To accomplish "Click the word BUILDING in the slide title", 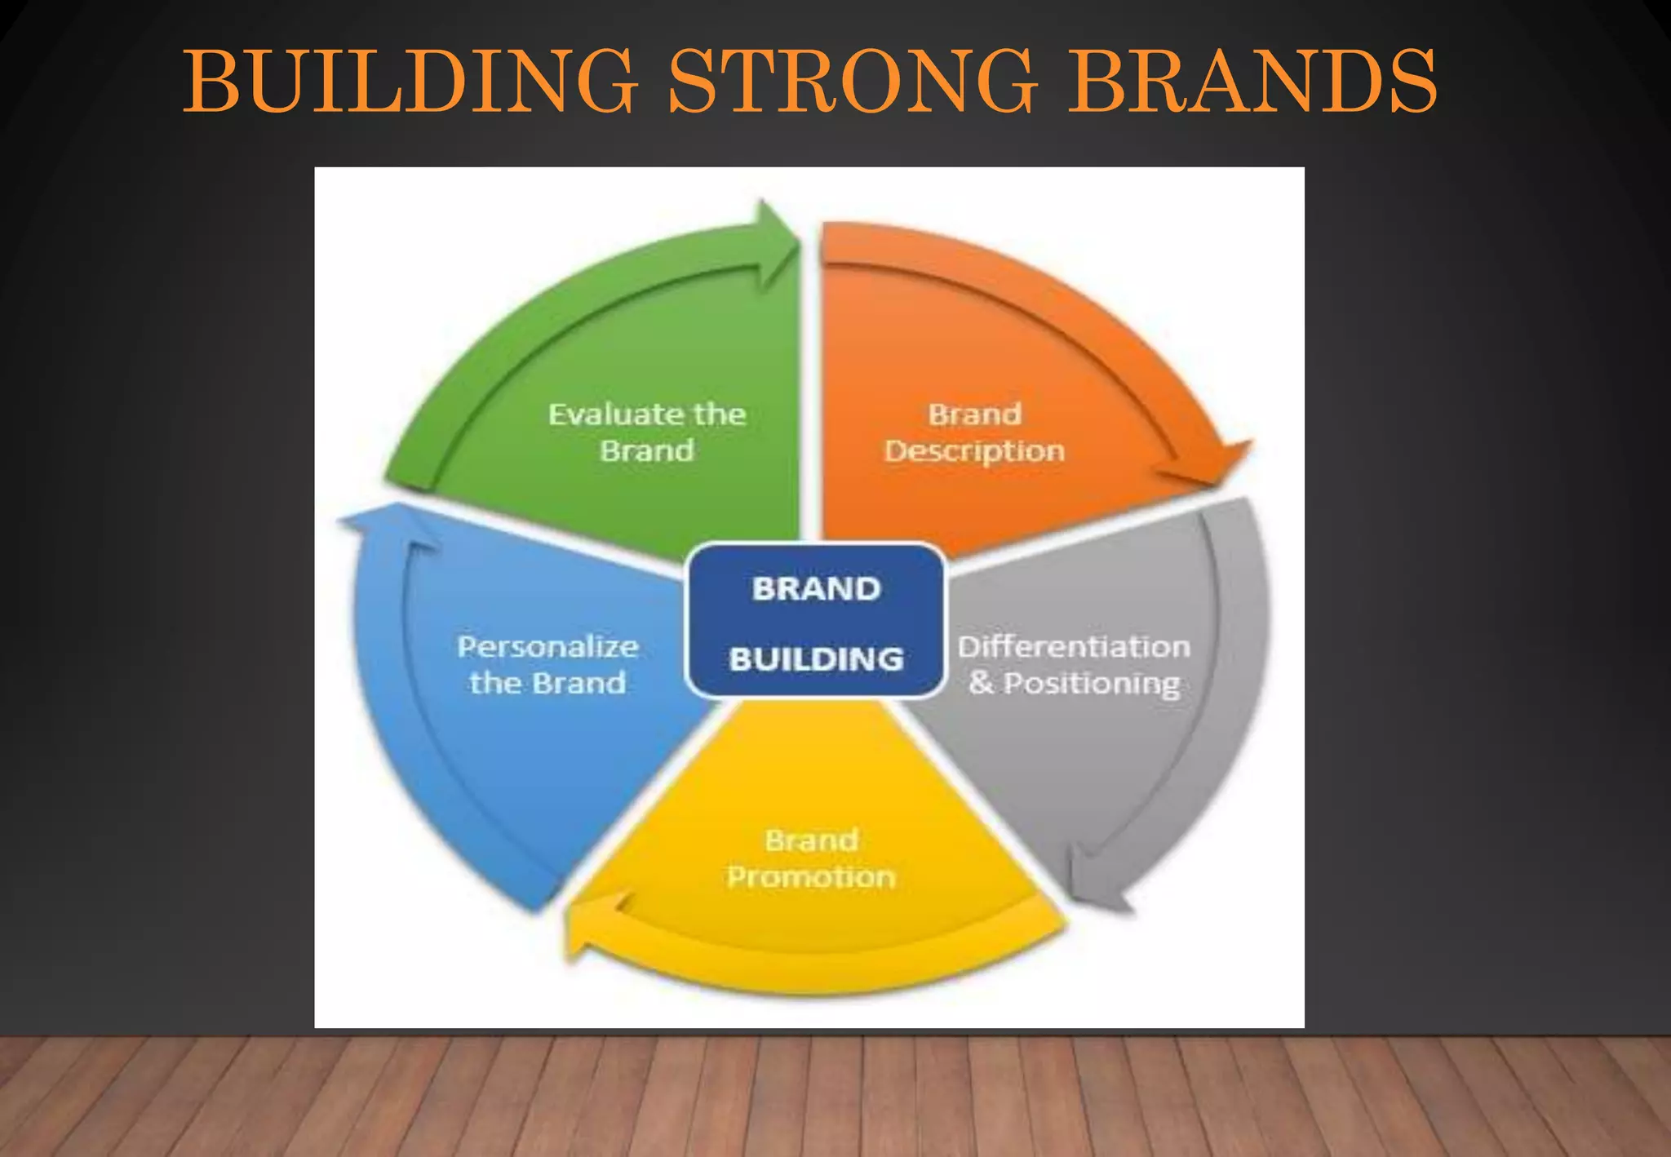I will click(x=410, y=82).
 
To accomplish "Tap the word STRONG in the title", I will click(x=853, y=82).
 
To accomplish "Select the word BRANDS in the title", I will click(x=1252, y=82).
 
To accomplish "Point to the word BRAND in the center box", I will click(x=816, y=588).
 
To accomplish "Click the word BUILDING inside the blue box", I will click(x=816, y=658).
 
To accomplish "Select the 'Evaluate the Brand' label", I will click(x=647, y=432).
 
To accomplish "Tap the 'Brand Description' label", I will click(x=974, y=432).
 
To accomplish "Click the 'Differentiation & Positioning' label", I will click(x=1074, y=665).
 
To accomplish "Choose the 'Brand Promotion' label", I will click(x=811, y=858).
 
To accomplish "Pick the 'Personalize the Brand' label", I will click(x=547, y=665).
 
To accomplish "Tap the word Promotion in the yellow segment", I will click(x=811, y=877).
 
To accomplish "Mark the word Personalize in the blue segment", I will click(x=547, y=647).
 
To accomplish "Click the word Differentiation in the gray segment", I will click(x=1074, y=647).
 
